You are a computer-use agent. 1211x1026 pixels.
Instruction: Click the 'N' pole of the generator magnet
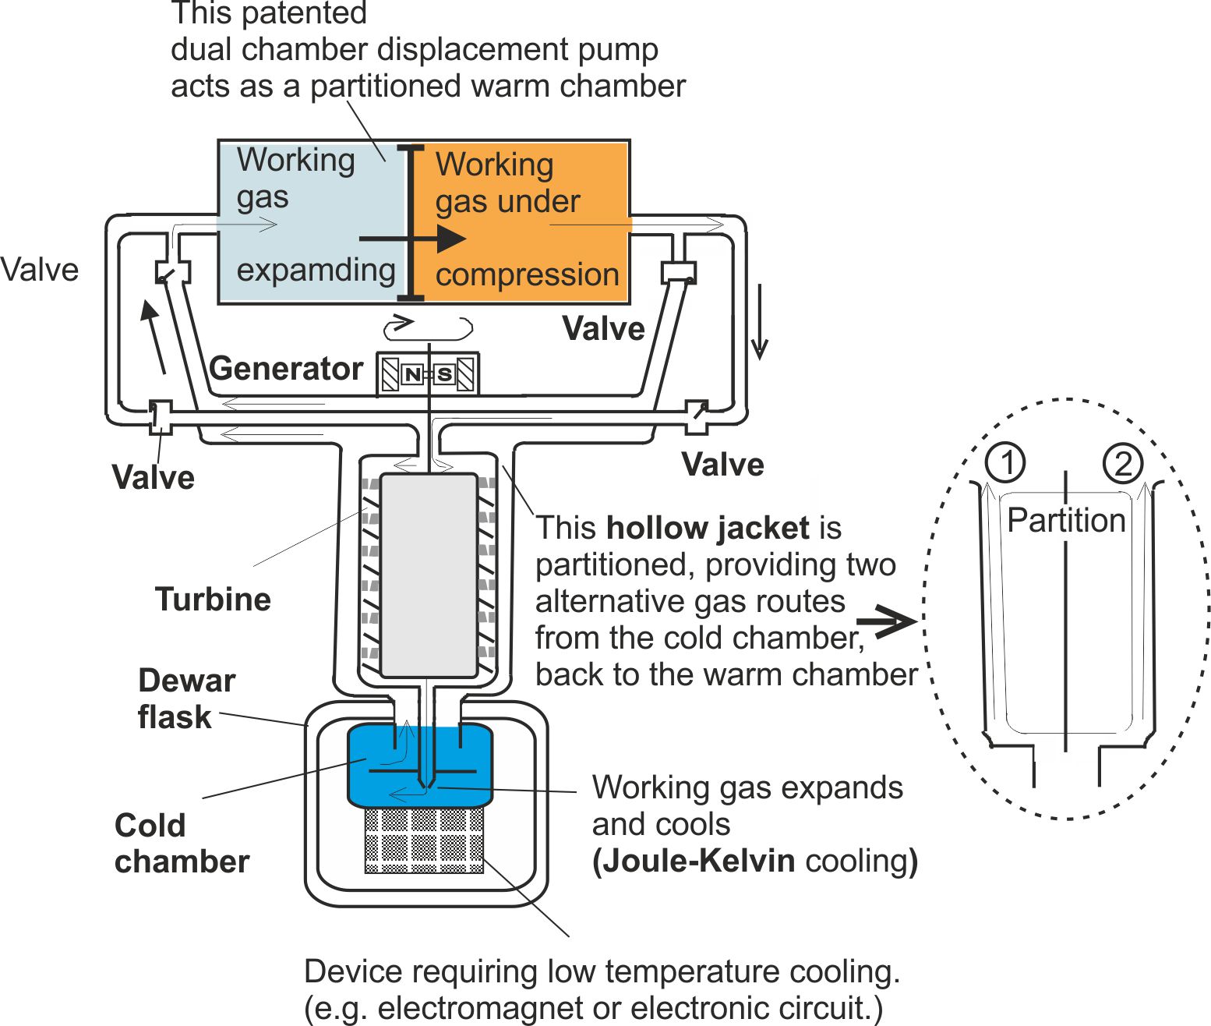click(412, 375)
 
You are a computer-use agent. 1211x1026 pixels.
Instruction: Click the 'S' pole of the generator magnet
click(444, 375)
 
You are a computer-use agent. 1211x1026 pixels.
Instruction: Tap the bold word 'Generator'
click(286, 369)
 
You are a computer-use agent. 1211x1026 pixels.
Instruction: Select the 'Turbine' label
click(213, 600)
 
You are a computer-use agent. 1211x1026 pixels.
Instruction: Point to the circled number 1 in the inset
click(1005, 462)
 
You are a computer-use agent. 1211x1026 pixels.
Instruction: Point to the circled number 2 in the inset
click(1123, 463)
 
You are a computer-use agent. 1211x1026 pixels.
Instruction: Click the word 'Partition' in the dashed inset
click(1066, 520)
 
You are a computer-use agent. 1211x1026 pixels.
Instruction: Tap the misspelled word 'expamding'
click(316, 271)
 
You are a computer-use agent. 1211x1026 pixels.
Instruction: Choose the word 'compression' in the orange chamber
click(527, 275)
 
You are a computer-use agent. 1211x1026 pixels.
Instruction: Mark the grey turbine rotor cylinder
click(429, 575)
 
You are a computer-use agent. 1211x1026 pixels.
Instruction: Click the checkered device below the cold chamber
click(424, 840)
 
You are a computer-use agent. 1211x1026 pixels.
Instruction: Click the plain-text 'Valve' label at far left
click(40, 271)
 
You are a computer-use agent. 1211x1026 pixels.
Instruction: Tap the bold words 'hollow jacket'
click(708, 529)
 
